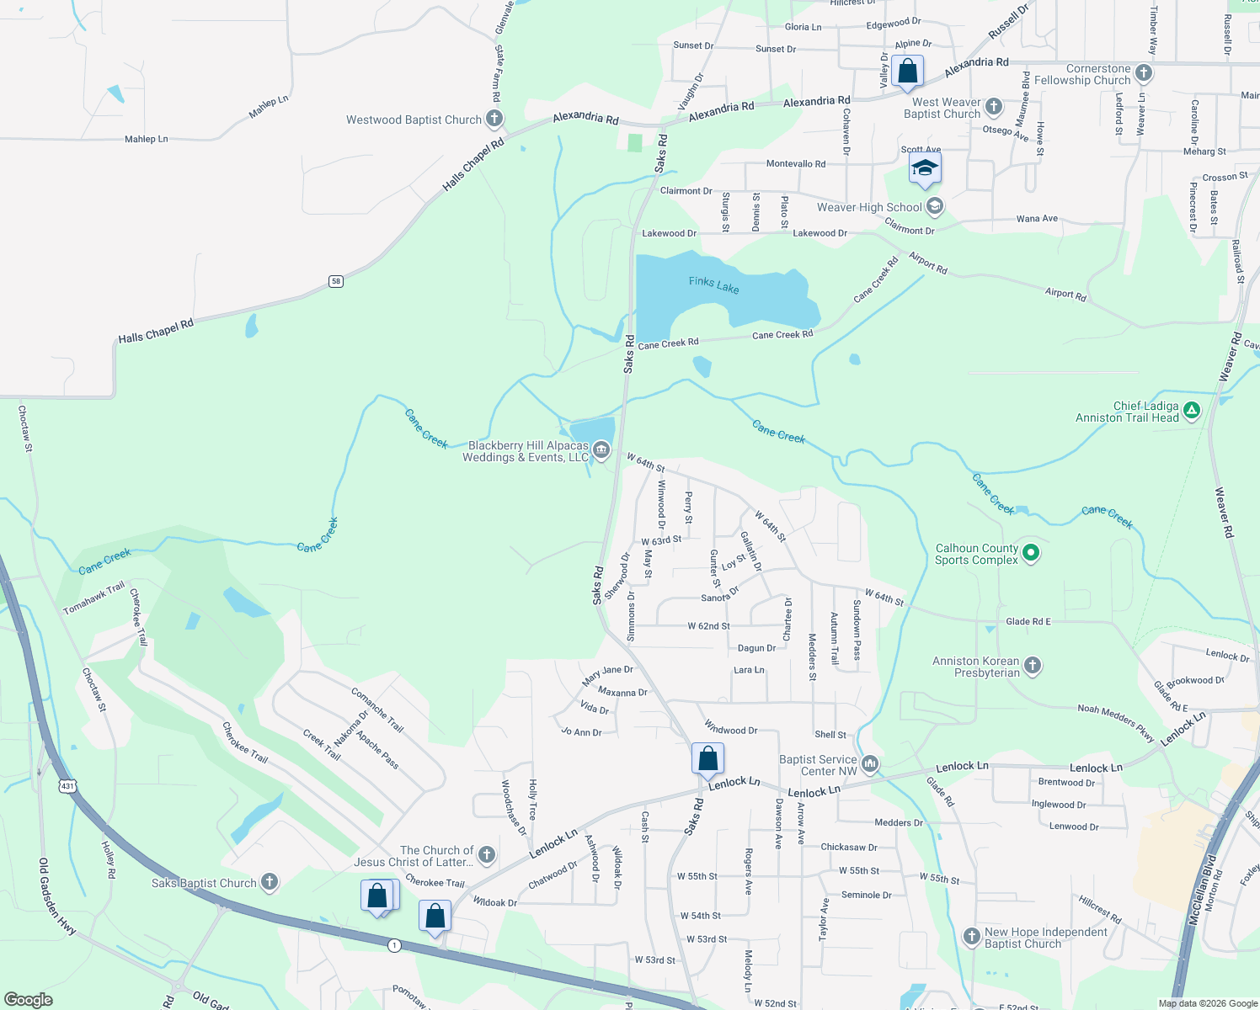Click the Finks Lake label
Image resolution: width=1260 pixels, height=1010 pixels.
713,285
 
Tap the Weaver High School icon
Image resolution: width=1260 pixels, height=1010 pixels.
934,206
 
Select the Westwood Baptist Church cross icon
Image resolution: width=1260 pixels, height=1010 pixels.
494,119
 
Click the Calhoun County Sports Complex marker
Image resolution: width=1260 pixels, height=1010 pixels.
1031,553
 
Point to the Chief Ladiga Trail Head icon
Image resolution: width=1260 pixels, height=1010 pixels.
1191,411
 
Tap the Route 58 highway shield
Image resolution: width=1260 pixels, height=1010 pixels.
336,281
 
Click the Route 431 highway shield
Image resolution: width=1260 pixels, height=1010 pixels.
67,786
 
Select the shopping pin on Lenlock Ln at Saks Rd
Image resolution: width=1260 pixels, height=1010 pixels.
708,758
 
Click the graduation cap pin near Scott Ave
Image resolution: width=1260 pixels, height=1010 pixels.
925,168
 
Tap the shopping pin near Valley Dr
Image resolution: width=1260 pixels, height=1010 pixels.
907,72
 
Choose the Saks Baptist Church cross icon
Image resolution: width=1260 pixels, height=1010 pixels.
269,882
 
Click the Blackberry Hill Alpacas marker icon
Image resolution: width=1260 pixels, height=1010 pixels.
601,450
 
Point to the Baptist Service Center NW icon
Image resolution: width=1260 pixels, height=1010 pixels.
870,764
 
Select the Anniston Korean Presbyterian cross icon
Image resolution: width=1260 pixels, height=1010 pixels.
1032,666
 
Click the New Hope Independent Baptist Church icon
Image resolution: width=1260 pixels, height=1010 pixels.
971,937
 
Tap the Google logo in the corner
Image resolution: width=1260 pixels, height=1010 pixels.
29,999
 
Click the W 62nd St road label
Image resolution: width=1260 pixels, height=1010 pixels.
708,626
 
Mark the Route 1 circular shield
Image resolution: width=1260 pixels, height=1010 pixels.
394,946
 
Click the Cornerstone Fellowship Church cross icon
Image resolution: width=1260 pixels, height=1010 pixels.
1143,73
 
